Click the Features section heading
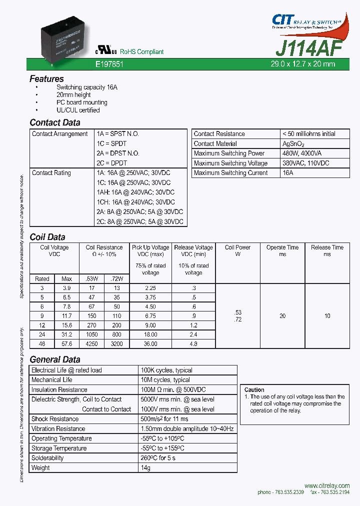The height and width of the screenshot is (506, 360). click(46, 79)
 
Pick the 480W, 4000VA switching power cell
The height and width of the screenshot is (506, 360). click(302, 153)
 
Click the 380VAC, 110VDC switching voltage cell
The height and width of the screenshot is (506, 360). click(305, 163)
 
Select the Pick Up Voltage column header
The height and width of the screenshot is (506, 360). click(150, 247)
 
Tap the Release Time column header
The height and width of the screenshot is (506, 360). click(327, 247)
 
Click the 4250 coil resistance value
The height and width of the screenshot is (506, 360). click(91, 344)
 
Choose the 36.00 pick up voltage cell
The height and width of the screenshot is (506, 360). click(150, 344)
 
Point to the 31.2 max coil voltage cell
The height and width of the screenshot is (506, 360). click(66, 334)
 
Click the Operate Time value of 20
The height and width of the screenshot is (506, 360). click(282, 315)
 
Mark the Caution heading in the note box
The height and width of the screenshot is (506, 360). click(254, 389)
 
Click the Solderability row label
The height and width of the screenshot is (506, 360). click(47, 458)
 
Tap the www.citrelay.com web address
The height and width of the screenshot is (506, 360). click(326, 486)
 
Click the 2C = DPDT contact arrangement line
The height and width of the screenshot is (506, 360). click(112, 163)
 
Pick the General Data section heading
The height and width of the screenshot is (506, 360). click(55, 359)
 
